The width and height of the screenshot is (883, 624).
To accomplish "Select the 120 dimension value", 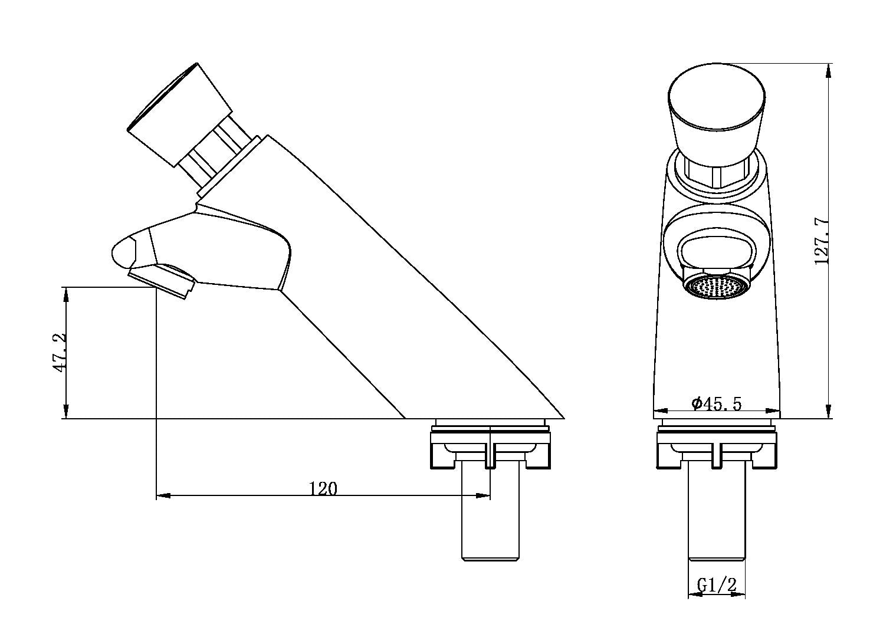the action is tap(323, 489).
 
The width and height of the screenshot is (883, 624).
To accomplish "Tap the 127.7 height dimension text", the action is tap(822, 242).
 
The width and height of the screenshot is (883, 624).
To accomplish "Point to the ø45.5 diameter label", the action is tap(716, 403).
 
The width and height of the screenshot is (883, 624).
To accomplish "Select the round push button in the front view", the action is tap(717, 106).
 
